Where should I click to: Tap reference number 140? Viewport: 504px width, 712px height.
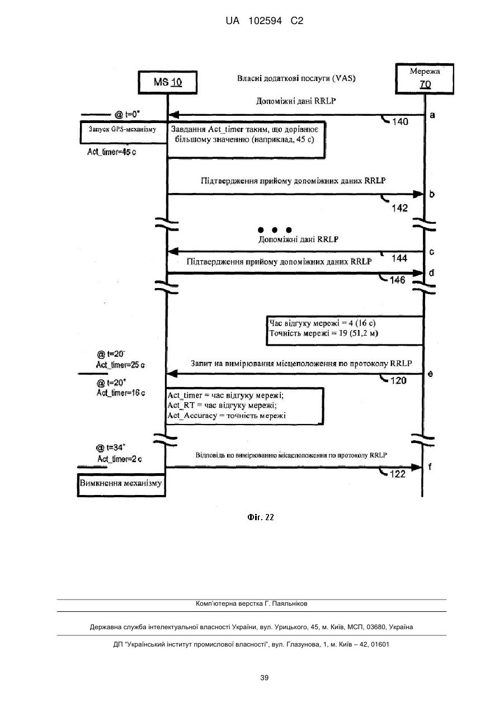[400, 122]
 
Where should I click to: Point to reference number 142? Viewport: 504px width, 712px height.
[400, 208]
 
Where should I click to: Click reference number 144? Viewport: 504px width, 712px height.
[399, 258]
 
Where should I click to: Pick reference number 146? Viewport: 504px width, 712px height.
[398, 280]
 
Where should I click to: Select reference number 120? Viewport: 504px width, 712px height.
[398, 380]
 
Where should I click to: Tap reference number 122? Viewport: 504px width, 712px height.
[398, 474]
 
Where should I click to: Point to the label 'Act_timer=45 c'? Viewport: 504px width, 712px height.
[112, 152]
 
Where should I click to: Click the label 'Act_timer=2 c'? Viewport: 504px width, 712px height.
[120, 459]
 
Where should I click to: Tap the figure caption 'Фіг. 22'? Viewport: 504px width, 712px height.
[261, 517]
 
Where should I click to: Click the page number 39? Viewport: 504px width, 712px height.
[264, 678]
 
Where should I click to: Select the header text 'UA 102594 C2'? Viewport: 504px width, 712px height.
[265, 21]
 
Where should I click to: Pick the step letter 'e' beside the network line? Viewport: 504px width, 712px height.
[430, 374]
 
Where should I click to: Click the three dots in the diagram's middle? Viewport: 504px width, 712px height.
[275, 230]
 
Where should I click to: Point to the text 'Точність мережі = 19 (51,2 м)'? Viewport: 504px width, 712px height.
[324, 333]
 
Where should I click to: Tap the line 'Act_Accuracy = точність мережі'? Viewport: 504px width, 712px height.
[227, 416]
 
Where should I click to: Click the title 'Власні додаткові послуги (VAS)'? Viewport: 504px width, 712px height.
[296, 78]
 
